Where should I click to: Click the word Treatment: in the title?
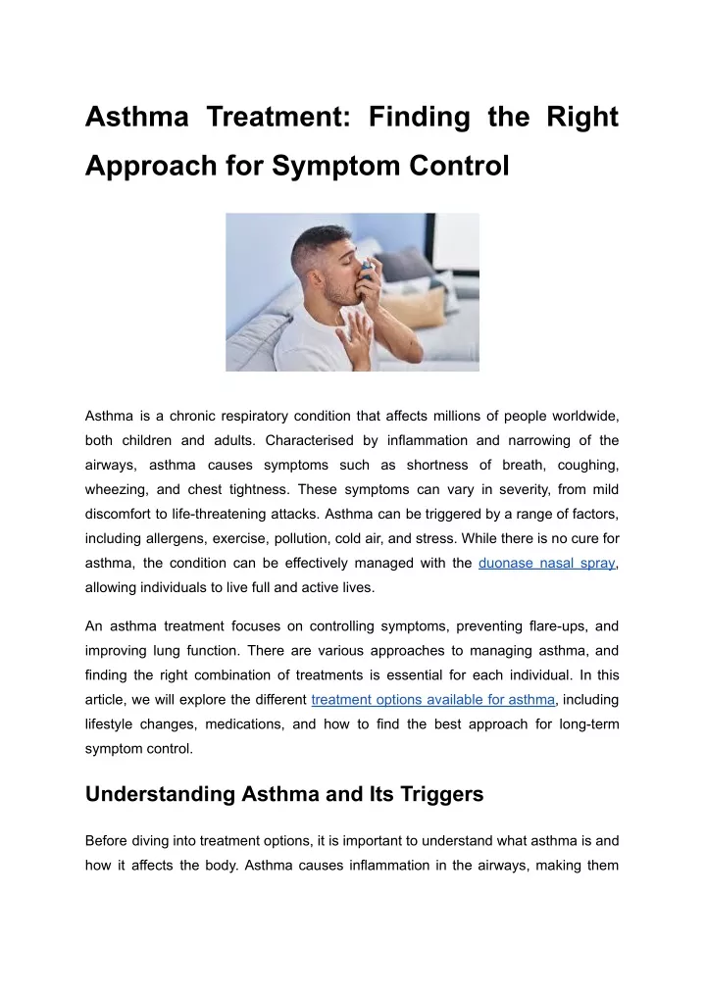click(278, 117)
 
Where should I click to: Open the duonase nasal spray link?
click(547, 564)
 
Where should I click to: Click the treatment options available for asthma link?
click(433, 700)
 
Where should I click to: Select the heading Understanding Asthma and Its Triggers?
click(284, 794)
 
